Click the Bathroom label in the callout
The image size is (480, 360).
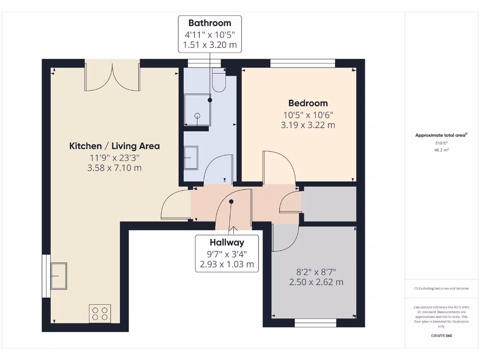click(210, 23)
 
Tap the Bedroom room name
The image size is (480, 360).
click(308, 103)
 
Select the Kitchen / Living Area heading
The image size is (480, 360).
click(114, 146)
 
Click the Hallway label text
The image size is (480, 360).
click(227, 242)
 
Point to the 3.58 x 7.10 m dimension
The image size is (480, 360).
click(114, 168)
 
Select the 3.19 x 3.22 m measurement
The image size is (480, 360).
click(308, 125)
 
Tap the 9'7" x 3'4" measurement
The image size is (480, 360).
click(227, 254)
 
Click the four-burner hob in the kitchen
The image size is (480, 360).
click(100, 314)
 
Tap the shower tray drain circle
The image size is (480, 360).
click(197, 115)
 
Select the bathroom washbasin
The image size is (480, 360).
click(191, 157)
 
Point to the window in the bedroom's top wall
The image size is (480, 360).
click(302, 63)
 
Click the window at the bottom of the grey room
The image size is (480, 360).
click(315, 322)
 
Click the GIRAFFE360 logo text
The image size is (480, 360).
click(441, 336)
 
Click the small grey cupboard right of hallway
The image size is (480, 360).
click(329, 203)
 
